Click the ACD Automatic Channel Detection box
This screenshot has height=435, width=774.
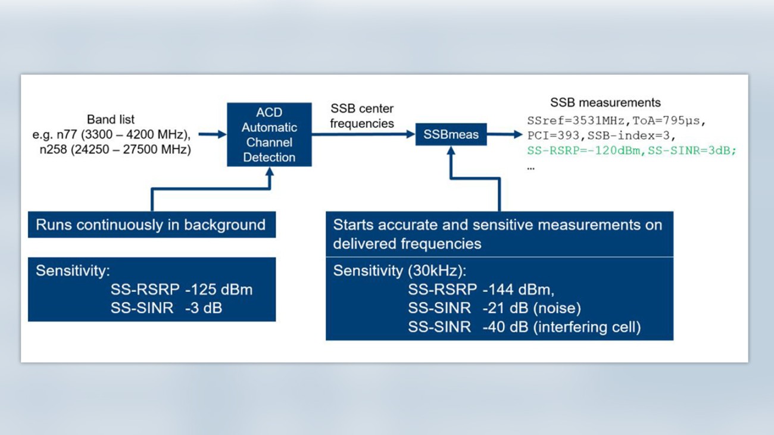point(269,134)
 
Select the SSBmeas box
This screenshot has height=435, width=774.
point(451,134)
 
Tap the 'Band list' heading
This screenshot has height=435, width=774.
point(111,119)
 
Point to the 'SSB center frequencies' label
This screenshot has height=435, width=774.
point(362,116)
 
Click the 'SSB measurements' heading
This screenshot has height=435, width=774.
point(605,102)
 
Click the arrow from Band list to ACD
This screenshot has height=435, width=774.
point(212,134)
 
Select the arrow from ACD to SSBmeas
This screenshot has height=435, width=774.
point(363,134)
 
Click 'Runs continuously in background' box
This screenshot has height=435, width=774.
point(151,225)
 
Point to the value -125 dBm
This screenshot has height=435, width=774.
point(219,290)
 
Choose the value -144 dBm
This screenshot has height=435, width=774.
point(519,290)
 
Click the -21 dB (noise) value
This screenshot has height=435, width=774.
point(532,308)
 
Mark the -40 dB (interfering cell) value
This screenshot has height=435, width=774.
point(561,327)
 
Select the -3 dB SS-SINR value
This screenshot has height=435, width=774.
point(204,308)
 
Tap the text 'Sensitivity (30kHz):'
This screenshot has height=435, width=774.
point(400,271)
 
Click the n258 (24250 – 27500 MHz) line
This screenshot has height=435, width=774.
point(116,150)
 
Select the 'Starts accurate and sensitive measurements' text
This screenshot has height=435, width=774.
point(497,225)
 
